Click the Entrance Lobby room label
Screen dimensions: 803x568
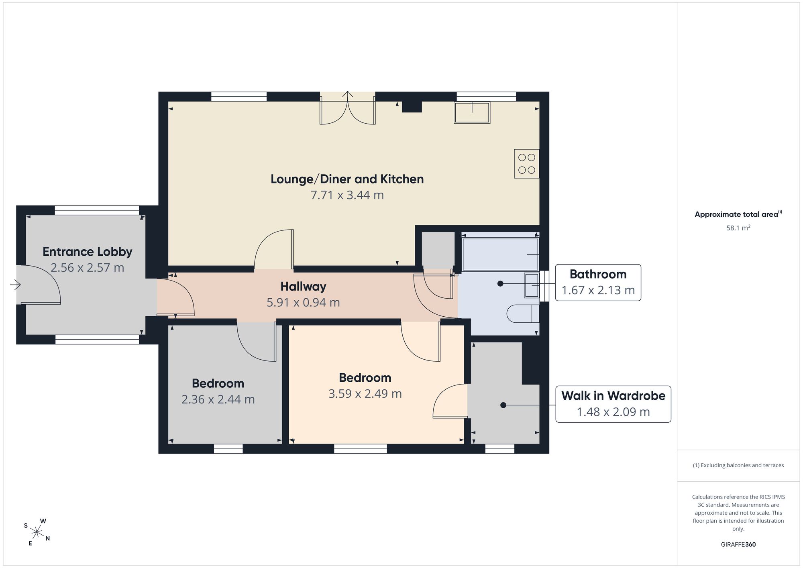point(88,252)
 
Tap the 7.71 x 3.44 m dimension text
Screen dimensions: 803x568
point(347,195)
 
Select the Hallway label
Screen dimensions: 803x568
point(303,287)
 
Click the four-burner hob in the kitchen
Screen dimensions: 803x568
point(526,164)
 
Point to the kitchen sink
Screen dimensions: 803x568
point(472,112)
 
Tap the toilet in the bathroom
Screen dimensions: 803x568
point(523,314)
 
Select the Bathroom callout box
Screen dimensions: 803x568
point(598,282)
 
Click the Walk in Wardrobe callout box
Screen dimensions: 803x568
point(613,404)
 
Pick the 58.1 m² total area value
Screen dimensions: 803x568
point(738,228)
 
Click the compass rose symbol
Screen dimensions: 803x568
point(37,533)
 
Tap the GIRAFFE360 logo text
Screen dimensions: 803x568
point(738,545)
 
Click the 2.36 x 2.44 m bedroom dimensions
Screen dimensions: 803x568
point(218,399)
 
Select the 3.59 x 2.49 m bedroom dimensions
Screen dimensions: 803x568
point(365,394)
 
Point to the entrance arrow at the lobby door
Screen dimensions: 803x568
point(15,285)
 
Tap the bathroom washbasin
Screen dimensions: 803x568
point(531,285)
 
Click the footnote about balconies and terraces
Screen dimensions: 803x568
point(738,466)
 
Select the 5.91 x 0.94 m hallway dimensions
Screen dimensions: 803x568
point(303,302)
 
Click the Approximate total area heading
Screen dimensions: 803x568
point(738,214)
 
